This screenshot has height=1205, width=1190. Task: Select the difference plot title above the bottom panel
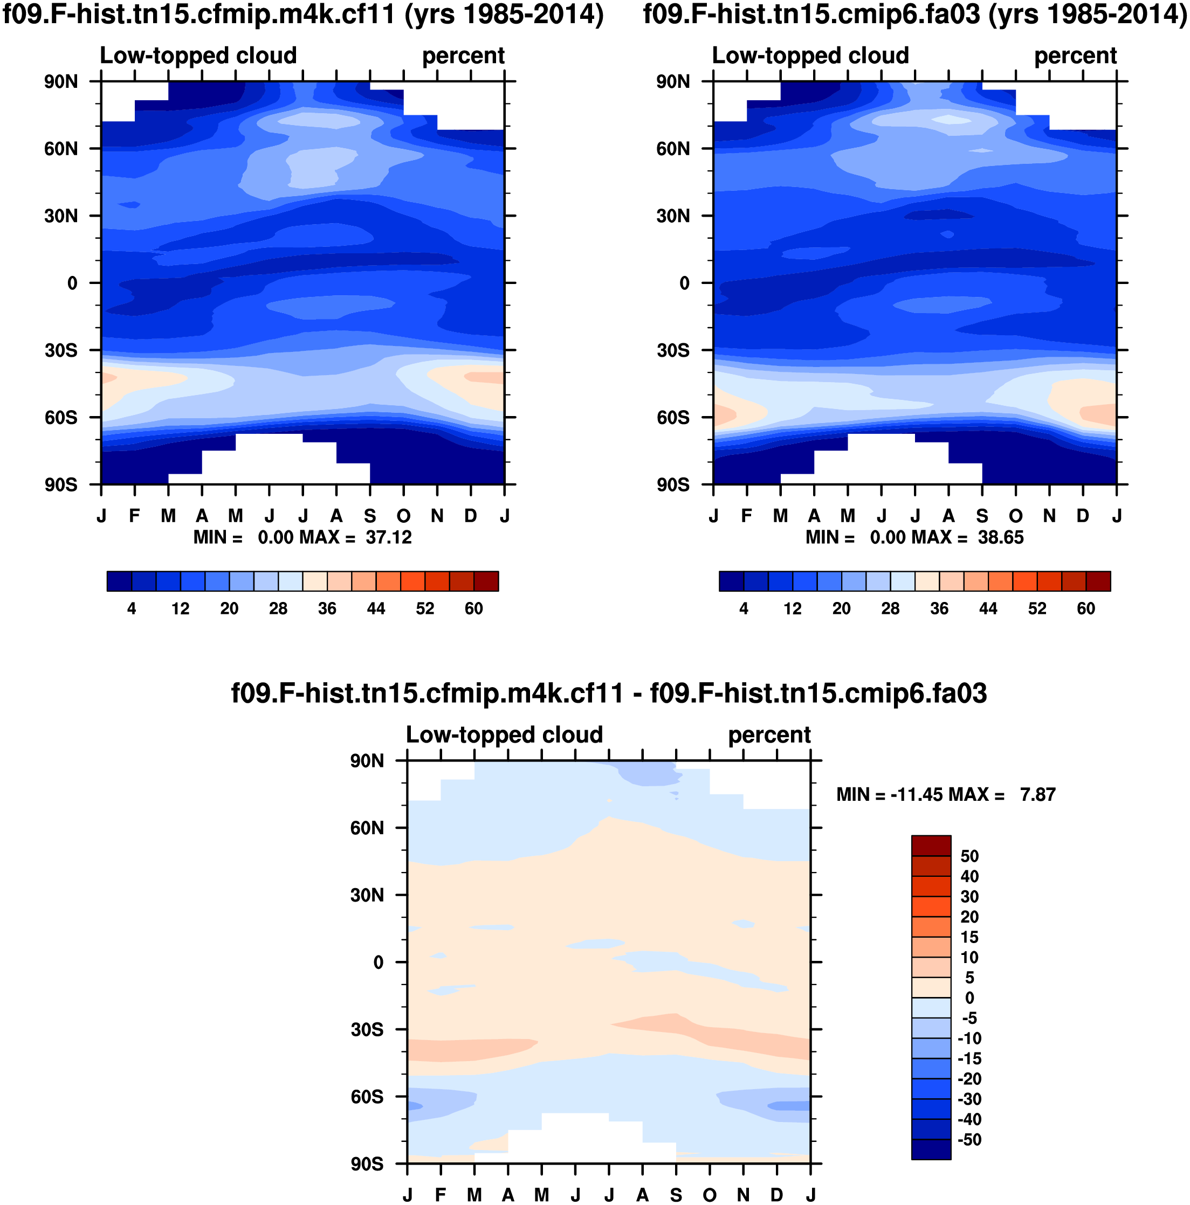(x=609, y=694)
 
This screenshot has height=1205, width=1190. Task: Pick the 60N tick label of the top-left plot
(x=61, y=149)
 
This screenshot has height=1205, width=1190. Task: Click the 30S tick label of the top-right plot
(x=673, y=350)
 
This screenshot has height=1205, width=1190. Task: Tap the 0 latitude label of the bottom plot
(x=378, y=962)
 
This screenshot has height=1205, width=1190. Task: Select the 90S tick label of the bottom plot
(x=367, y=1164)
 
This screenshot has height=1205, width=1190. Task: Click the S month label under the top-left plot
(x=370, y=516)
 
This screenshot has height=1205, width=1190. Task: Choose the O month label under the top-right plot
(x=1016, y=516)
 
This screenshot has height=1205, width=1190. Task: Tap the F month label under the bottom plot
(x=441, y=1195)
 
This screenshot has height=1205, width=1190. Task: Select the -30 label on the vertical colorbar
(x=969, y=1099)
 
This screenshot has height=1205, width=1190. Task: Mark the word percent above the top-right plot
(x=1075, y=56)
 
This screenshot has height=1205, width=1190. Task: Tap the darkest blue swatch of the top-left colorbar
(x=119, y=581)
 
